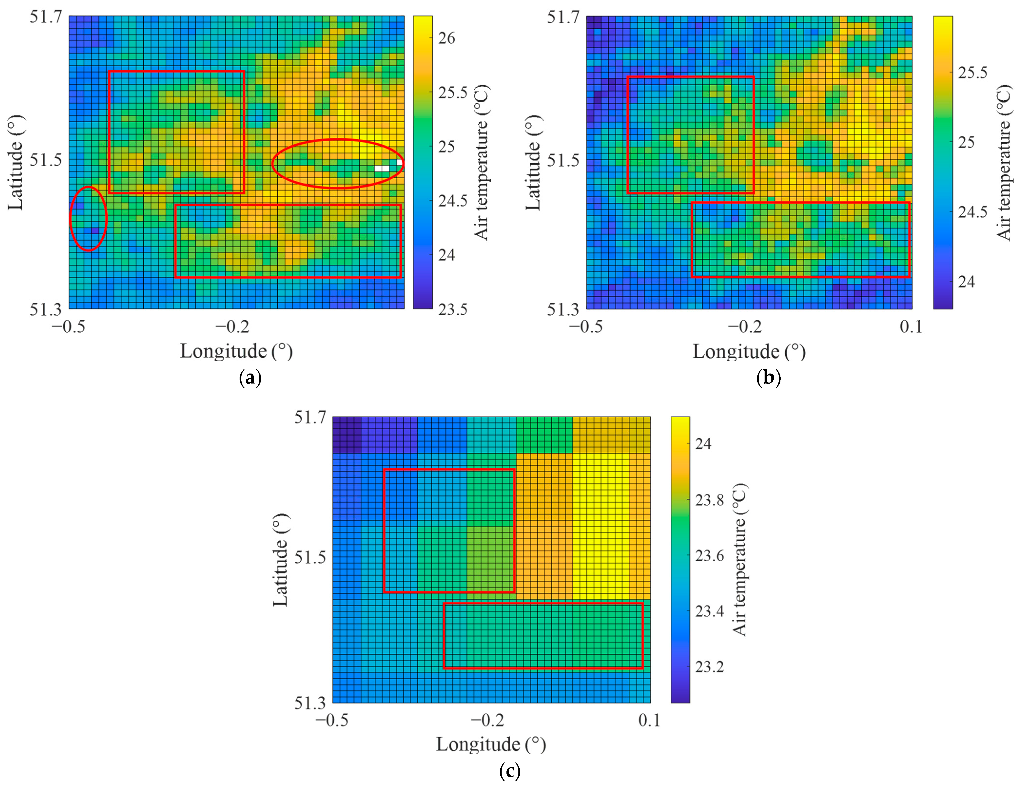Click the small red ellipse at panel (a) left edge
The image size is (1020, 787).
point(88,219)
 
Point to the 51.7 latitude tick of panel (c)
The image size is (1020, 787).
point(310,417)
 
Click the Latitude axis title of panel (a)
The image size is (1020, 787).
point(15,163)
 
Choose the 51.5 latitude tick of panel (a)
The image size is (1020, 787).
point(45,160)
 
